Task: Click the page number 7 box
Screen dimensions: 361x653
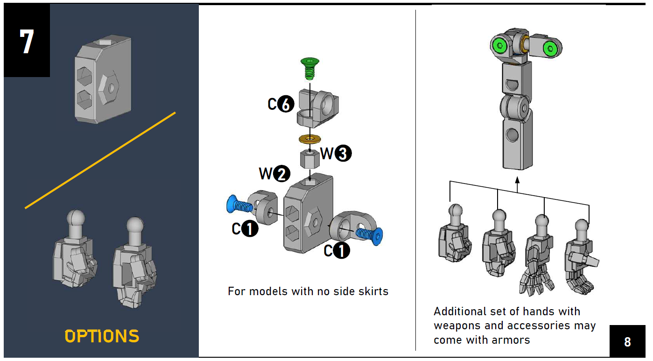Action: point(27,41)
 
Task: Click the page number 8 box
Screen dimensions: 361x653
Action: point(627,341)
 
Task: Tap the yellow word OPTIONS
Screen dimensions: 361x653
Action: point(102,336)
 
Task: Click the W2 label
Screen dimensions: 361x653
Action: point(274,174)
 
